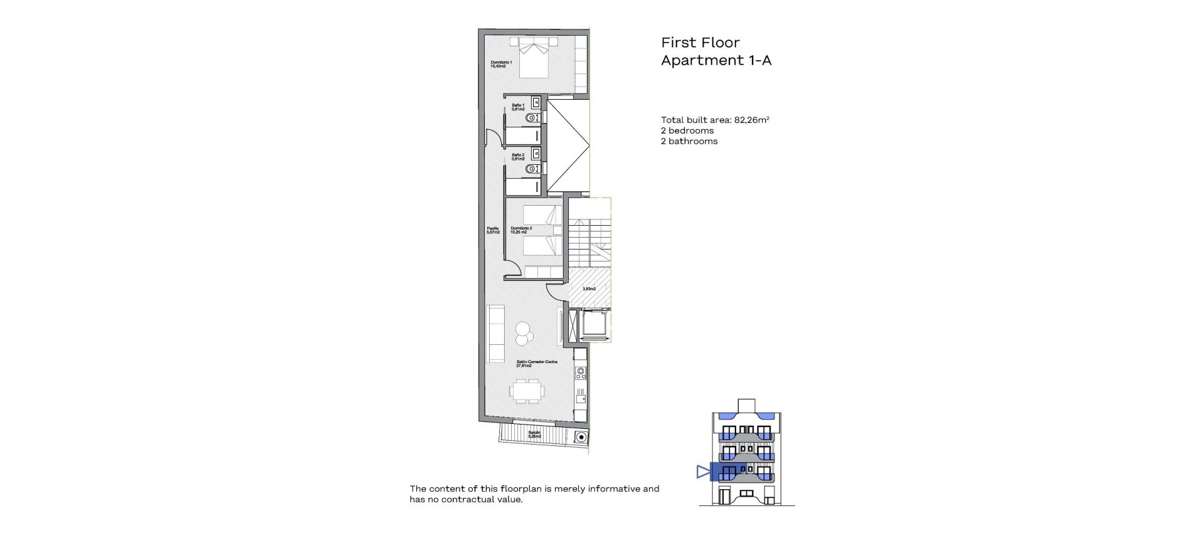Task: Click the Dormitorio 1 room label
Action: (x=502, y=64)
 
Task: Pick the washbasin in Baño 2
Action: (x=536, y=152)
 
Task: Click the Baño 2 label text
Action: (x=518, y=157)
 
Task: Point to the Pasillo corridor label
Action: (x=493, y=230)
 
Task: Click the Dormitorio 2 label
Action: (x=520, y=230)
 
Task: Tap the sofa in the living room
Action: (x=495, y=333)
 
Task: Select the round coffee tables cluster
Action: (x=523, y=333)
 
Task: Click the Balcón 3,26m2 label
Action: (x=534, y=435)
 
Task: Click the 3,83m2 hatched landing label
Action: (x=589, y=289)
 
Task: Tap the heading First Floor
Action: (x=700, y=43)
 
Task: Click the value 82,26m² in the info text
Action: (x=751, y=120)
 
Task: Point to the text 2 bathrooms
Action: (x=689, y=142)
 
